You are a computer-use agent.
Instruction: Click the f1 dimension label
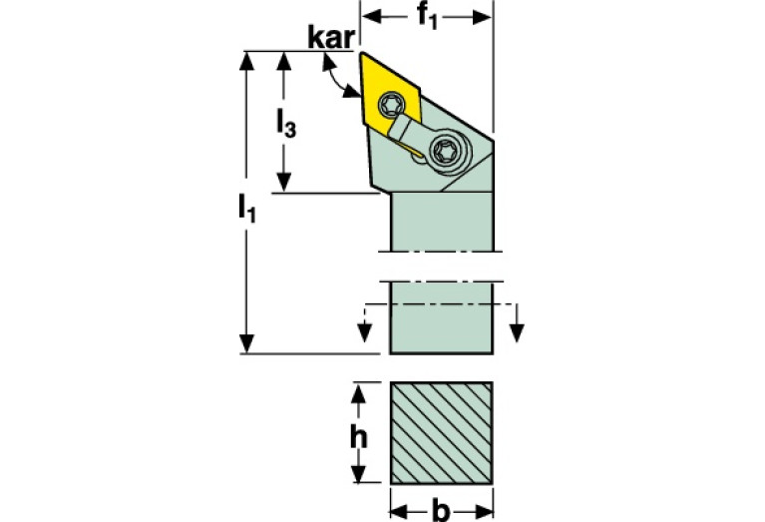pos(428,17)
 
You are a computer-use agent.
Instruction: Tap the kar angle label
pos(331,37)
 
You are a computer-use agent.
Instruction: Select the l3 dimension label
pos(286,123)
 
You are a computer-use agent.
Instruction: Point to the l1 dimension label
pos(247,208)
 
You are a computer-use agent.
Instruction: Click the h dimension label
pos(359,437)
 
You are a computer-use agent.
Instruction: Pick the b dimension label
pos(441,510)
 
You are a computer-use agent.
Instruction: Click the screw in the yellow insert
pos(391,104)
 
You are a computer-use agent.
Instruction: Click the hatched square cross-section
pos(442,433)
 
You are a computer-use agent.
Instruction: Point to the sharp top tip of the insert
pos(361,53)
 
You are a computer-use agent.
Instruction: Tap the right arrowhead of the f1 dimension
pos(482,17)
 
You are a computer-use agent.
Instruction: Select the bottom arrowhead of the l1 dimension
pos(247,343)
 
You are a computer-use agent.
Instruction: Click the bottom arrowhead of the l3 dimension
pos(284,183)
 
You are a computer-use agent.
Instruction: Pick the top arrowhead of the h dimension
pos(359,393)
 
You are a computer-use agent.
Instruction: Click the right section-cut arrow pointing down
pos(517,332)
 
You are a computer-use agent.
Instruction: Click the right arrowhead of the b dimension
pos(483,511)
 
